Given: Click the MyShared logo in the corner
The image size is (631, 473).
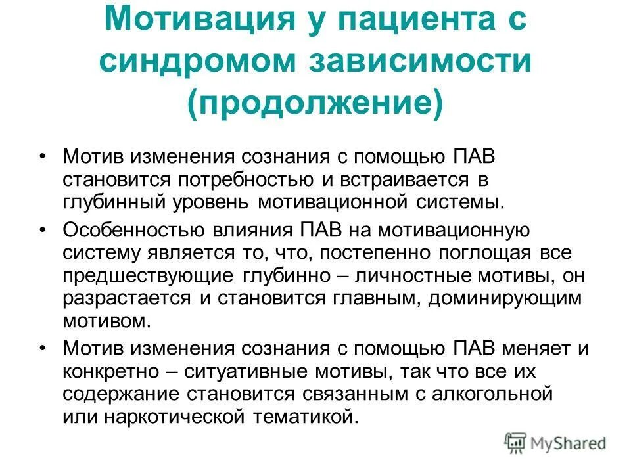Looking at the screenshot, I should tap(555, 443).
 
